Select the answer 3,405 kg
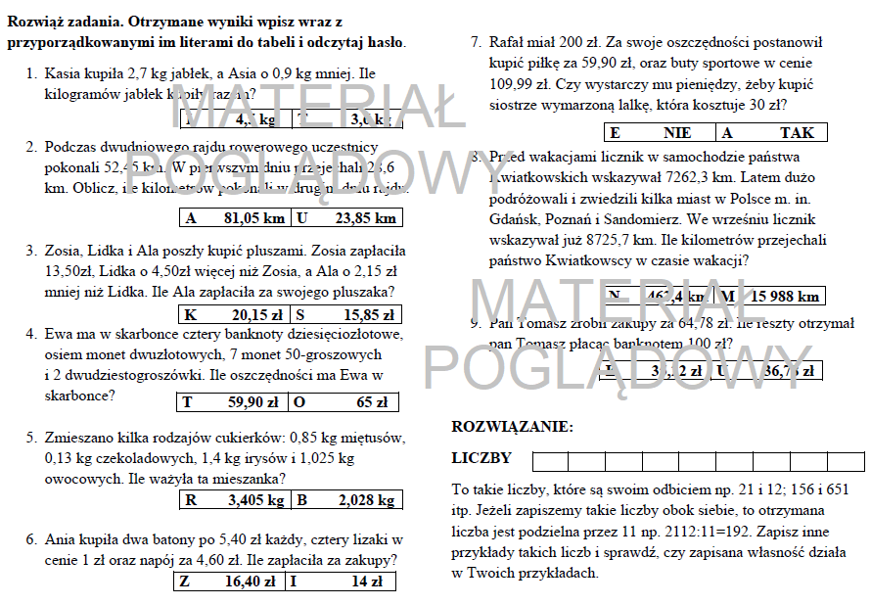[x=255, y=500]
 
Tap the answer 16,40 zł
[x=250, y=582]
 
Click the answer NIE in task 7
[x=676, y=132]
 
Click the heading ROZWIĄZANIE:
[x=512, y=426]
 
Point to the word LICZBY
[x=481, y=458]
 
